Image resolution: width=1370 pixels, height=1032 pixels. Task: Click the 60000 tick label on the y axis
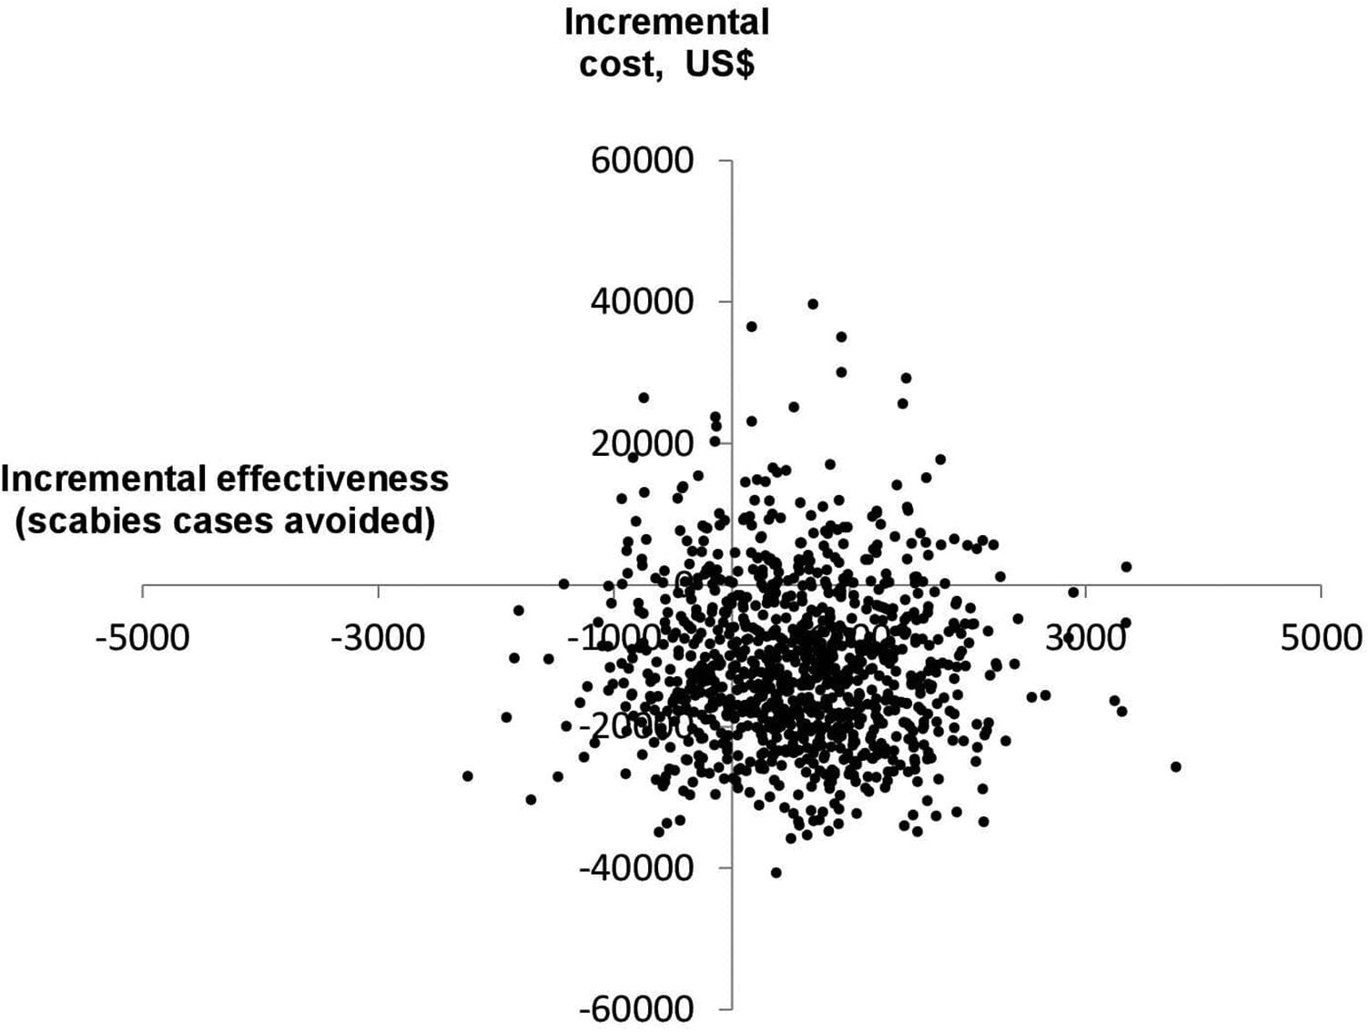[x=642, y=161]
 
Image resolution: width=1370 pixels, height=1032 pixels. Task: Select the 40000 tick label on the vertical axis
[x=642, y=302]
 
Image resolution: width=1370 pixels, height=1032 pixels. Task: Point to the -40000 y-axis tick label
[x=636, y=868]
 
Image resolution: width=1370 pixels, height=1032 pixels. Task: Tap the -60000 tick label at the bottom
[x=636, y=1009]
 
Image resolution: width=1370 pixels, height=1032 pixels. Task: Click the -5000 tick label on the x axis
[x=142, y=638]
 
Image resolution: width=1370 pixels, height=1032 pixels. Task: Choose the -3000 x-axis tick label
[x=377, y=638]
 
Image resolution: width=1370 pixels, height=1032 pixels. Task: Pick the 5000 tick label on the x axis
[x=1321, y=638]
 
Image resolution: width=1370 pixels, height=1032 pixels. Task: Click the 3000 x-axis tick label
[x=1085, y=638]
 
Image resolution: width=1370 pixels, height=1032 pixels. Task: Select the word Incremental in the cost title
[x=666, y=23]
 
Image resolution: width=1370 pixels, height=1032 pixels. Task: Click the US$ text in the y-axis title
[x=719, y=65]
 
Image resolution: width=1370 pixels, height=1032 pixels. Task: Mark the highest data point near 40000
[x=813, y=304]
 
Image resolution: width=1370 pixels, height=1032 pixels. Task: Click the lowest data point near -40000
[x=776, y=873]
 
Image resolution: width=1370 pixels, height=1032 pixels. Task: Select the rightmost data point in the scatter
[x=1175, y=767]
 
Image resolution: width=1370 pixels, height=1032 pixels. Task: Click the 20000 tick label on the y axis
[x=642, y=444]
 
